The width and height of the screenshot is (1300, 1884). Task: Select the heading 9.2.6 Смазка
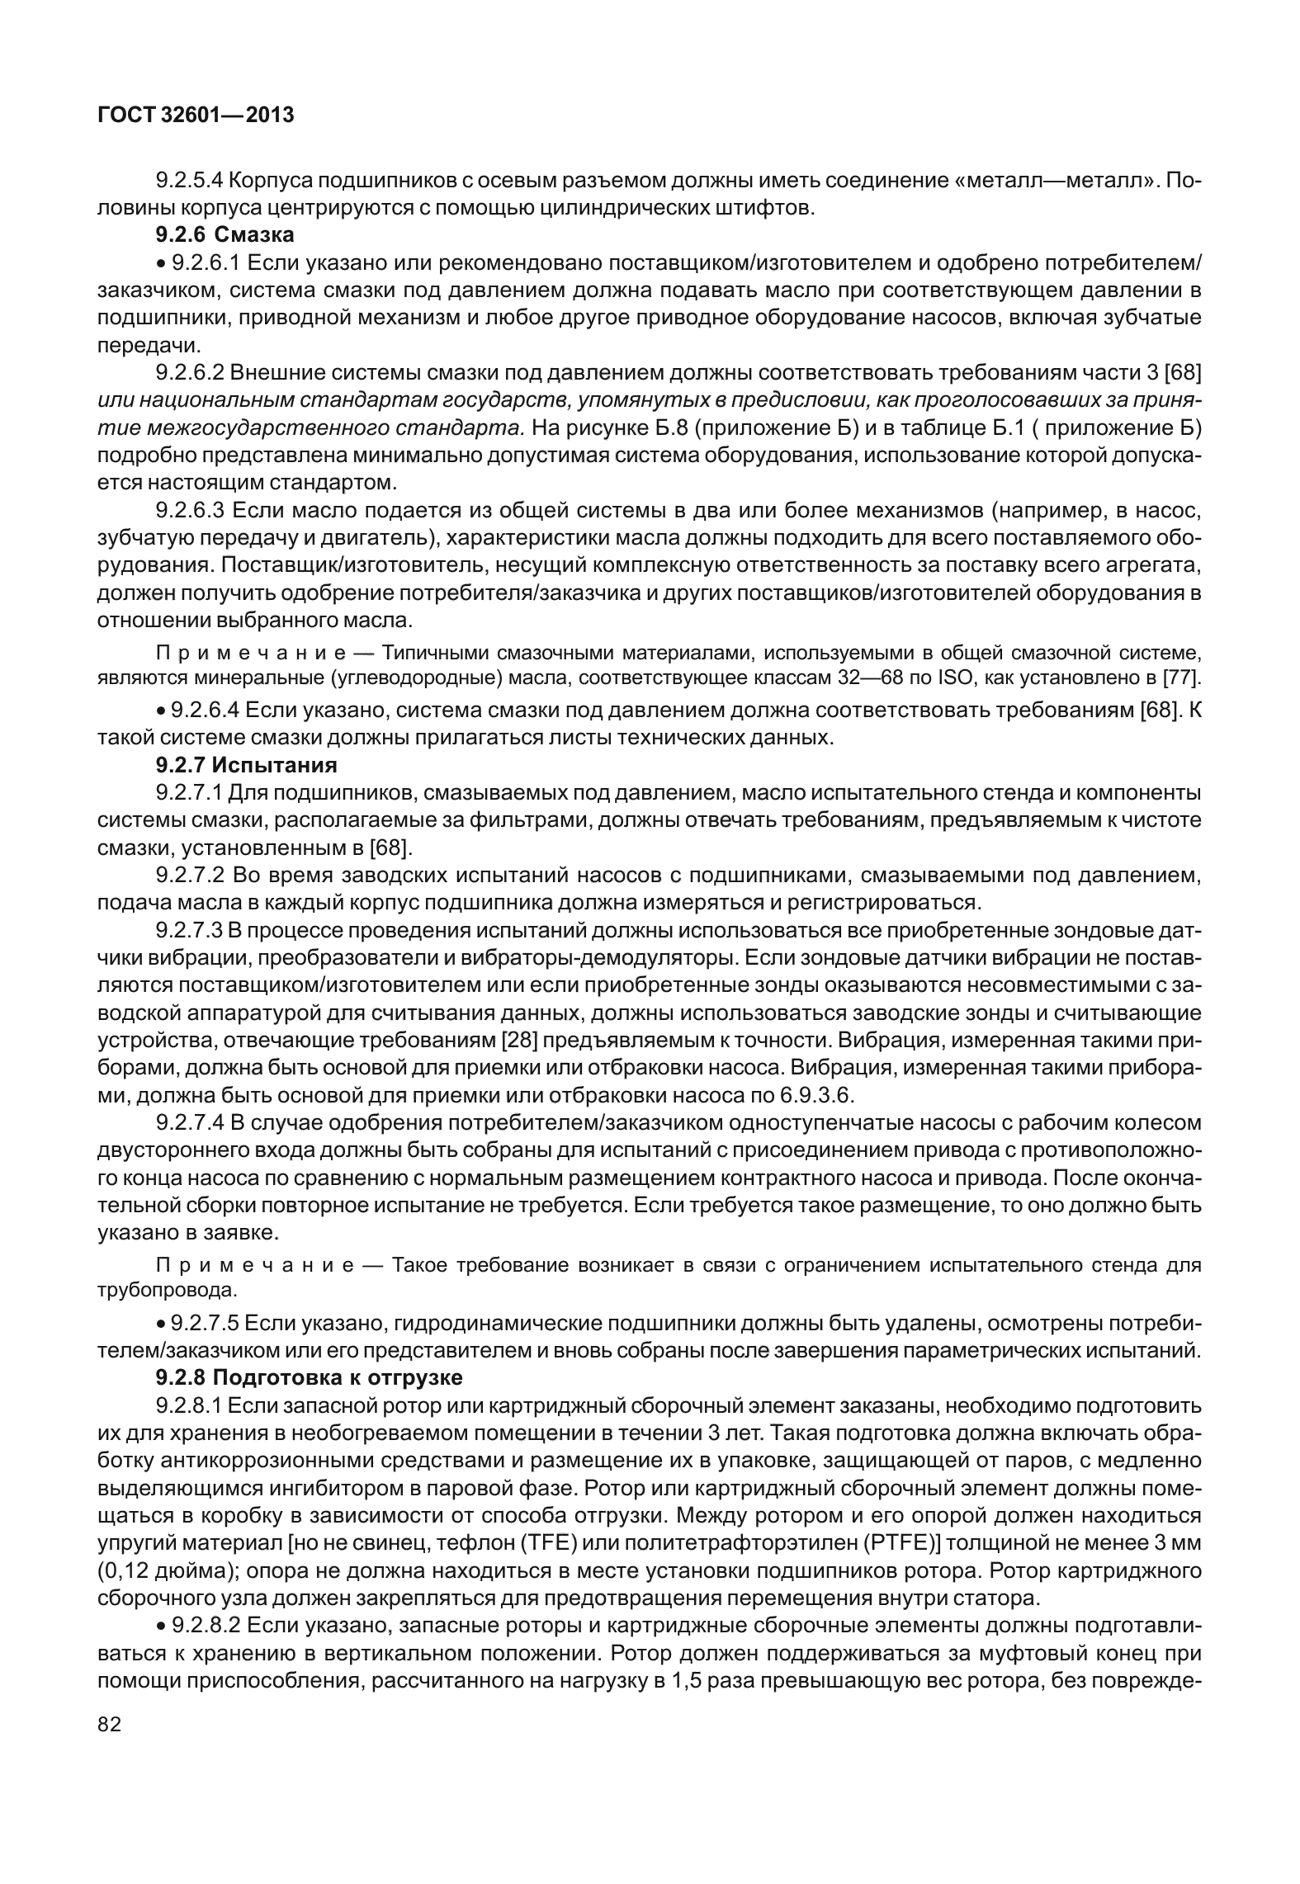[x=225, y=235]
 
